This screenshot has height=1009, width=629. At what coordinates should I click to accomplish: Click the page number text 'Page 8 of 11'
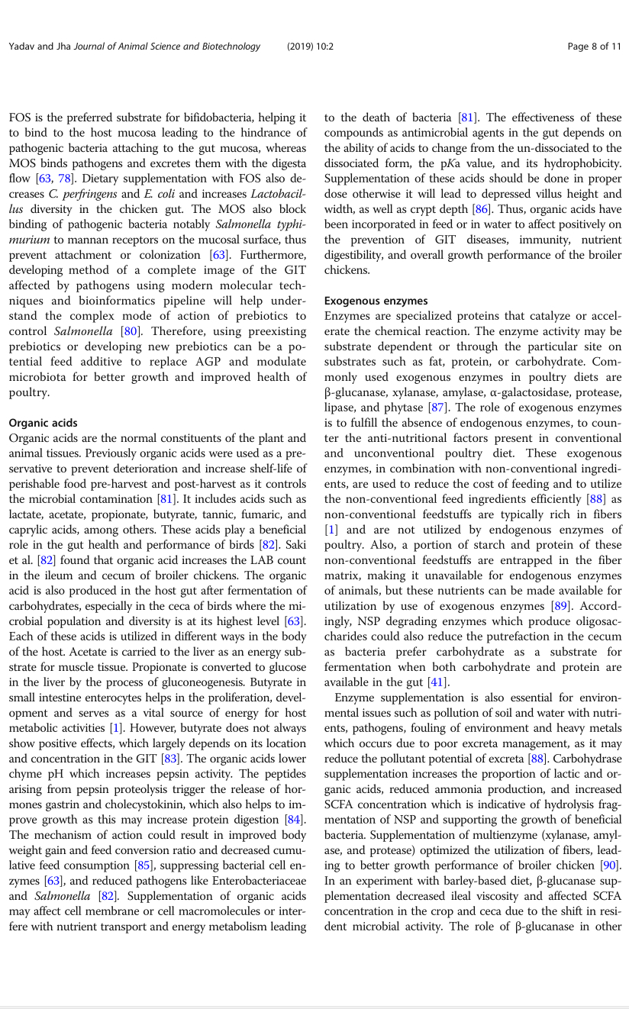pos(594,47)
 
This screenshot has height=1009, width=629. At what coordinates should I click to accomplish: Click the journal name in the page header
pos(179,47)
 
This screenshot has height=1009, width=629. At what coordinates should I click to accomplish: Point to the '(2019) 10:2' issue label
pos(310,47)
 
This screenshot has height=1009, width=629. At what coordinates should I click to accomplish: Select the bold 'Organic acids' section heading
pos(43,423)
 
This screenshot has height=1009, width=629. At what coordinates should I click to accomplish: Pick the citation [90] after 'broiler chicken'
pos(611,866)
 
